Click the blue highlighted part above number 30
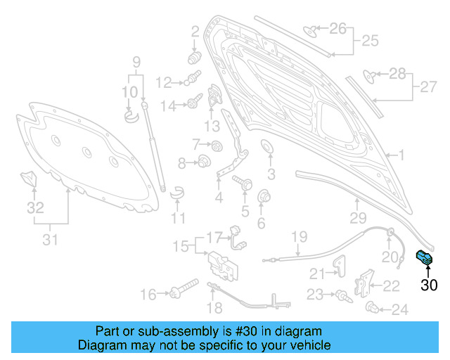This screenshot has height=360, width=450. click(x=425, y=258)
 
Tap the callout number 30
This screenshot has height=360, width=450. click(x=429, y=285)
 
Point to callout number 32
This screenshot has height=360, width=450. click(x=35, y=208)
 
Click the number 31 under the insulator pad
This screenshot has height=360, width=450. click(x=49, y=240)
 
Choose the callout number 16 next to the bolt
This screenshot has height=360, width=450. click(x=148, y=295)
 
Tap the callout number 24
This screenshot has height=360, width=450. click(x=399, y=309)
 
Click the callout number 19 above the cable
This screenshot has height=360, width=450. click(x=300, y=236)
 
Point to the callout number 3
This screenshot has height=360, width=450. click(x=271, y=174)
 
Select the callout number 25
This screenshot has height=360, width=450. click(x=370, y=41)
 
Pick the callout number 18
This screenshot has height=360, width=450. click(x=215, y=307)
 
